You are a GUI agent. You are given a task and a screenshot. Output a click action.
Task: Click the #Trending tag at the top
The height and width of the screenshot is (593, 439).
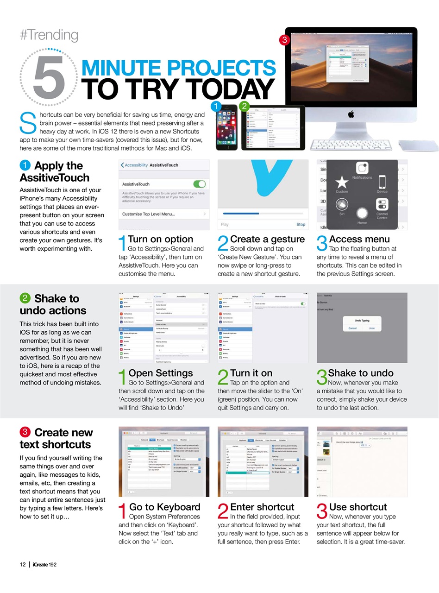[x=49, y=35]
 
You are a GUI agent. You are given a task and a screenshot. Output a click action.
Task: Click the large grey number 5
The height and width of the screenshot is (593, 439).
[x=49, y=77]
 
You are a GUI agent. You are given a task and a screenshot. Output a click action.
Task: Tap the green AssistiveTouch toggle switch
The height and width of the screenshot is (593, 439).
[x=199, y=184]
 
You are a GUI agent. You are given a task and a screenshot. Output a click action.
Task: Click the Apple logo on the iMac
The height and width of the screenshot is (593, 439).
[x=351, y=114]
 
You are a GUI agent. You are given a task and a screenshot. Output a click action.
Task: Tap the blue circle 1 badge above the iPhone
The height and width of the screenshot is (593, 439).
[x=215, y=106]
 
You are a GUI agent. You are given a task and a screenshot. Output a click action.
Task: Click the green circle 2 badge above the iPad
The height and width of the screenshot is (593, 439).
[x=244, y=106]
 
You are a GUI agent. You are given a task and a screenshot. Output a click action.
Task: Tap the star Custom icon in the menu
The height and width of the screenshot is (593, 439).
[x=342, y=183]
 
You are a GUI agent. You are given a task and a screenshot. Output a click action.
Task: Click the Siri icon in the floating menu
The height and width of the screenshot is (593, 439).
[x=342, y=205]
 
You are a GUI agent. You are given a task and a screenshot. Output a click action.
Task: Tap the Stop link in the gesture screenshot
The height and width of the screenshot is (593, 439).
[x=301, y=224]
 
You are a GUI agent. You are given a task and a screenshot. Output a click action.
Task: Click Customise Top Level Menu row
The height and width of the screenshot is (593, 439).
[x=148, y=214]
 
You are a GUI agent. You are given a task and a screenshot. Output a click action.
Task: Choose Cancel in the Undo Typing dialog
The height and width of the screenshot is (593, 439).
[x=352, y=328]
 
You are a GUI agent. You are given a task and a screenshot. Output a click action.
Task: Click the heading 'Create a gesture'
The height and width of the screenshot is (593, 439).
[x=267, y=239]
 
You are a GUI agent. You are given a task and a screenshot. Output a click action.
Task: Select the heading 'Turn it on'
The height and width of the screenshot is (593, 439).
[x=251, y=373]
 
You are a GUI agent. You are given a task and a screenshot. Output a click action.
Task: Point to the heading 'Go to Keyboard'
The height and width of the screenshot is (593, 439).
[x=164, y=507]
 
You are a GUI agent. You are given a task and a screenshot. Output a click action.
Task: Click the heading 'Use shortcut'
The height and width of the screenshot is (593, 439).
[x=357, y=507]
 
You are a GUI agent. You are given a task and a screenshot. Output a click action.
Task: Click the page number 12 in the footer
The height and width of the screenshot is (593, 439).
[x=23, y=564]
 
